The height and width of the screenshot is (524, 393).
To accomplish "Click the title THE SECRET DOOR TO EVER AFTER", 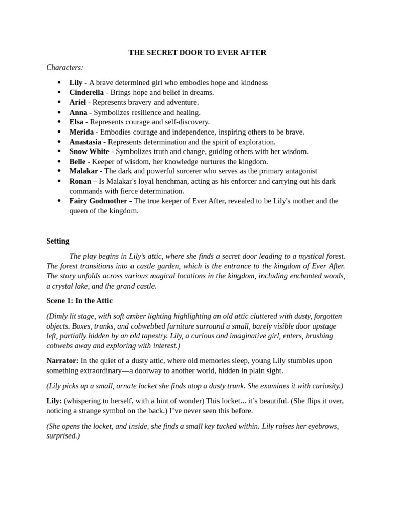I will coord(197,53).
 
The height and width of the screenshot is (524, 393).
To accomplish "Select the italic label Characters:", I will coord(64,68).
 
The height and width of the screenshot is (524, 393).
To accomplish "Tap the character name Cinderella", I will coord(86,93).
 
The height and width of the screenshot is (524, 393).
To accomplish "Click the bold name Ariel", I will coord(78,102).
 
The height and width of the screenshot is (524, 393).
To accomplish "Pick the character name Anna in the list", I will coord(78,112).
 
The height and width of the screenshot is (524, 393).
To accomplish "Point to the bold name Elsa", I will coord(76,122).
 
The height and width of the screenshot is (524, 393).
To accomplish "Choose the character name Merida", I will coord(81,132).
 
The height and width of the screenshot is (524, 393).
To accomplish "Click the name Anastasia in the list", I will coord(85,142).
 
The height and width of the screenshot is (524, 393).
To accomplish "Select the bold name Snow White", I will coord(89,151).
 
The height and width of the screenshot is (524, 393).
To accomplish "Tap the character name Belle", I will coord(77,162).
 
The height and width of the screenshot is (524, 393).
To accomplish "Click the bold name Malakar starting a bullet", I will coord(83,171).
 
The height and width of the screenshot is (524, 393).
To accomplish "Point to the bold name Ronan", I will coord(80,181).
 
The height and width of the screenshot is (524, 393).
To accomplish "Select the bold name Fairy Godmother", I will coord(98,201).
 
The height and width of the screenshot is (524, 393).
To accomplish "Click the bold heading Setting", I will coord(58,241).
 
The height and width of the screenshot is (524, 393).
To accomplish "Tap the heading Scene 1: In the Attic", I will coord(79,301).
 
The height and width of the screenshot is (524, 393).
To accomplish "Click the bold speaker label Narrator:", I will coord(62,361).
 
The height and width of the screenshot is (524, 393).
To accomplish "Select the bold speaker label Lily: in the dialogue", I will coord(54,401).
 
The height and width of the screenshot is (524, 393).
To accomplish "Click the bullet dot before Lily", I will coord(59,83).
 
